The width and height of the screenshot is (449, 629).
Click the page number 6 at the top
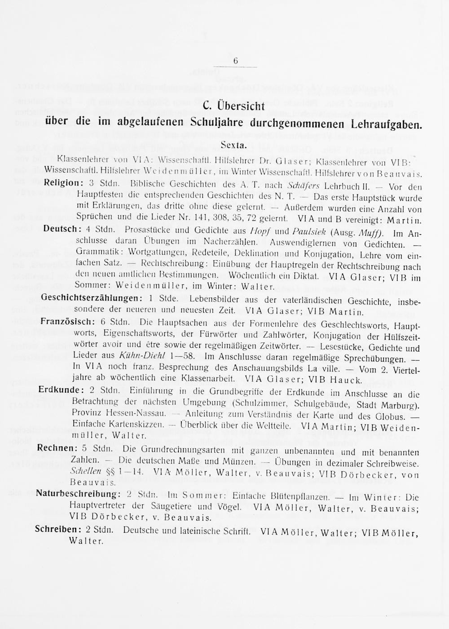point(235,62)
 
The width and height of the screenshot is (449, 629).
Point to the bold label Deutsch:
point(61,229)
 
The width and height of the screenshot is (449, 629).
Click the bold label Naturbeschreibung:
point(78,494)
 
